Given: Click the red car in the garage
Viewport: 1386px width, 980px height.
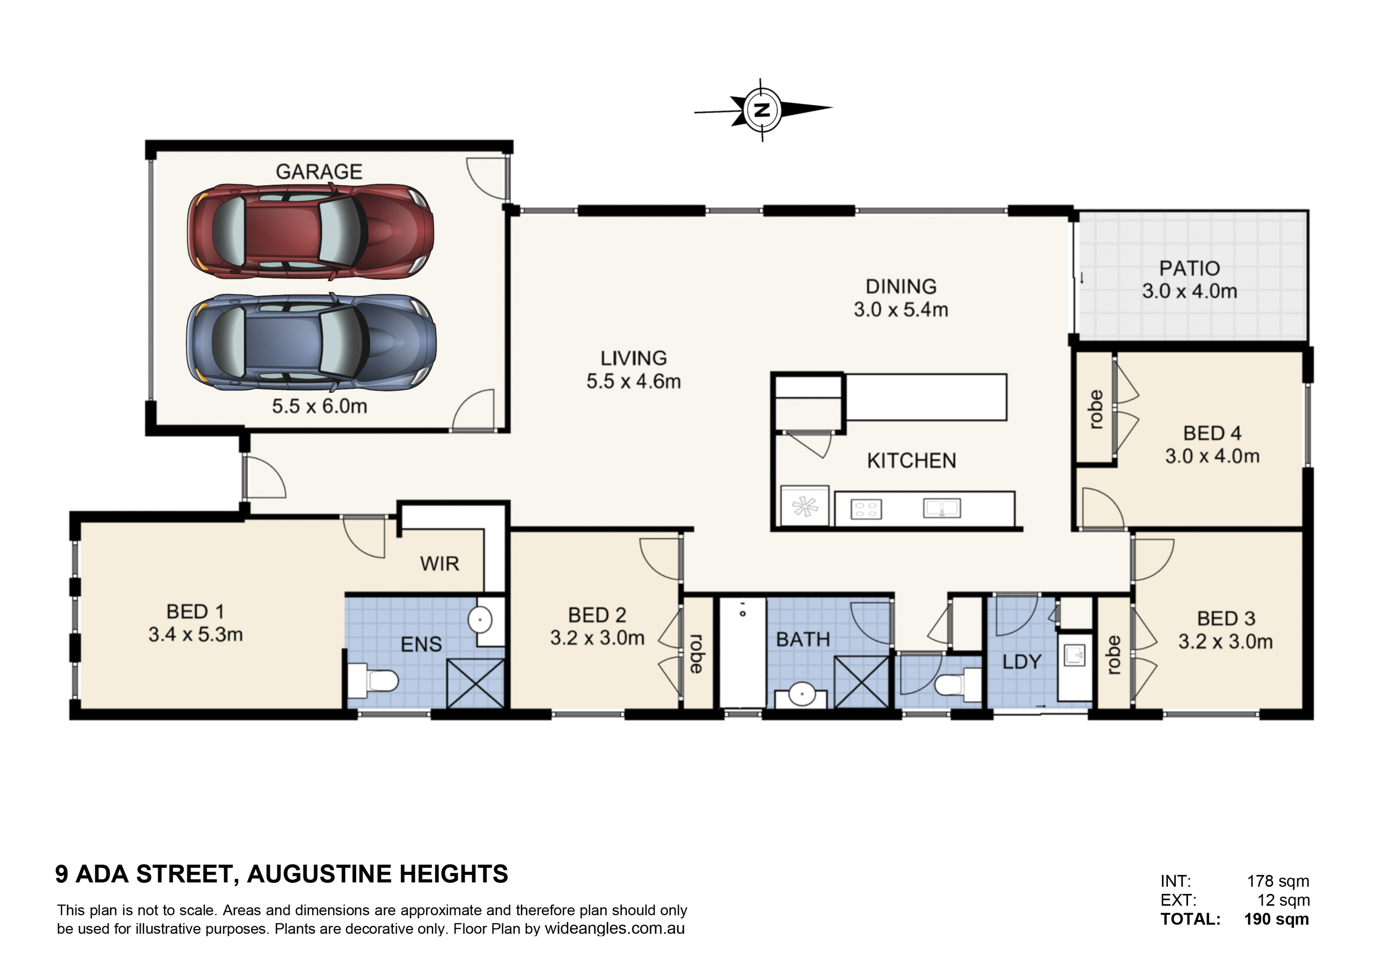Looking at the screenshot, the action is coord(310,232).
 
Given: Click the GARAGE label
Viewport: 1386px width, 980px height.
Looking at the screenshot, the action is coord(319,172).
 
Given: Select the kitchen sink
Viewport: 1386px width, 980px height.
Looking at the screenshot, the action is coord(942,508).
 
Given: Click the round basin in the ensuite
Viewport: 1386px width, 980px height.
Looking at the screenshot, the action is coord(481,620).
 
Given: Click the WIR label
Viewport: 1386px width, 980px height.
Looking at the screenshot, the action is coord(440,564).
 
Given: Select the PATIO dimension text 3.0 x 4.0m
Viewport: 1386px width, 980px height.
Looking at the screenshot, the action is coord(1189,291).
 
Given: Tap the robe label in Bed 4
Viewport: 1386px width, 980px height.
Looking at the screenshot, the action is coord(1095,410).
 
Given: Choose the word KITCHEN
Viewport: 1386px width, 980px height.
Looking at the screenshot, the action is coord(911,461).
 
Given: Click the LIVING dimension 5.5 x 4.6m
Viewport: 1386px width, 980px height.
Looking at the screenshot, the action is coord(634,381).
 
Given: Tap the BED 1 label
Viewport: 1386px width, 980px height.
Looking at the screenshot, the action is coord(195,612).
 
